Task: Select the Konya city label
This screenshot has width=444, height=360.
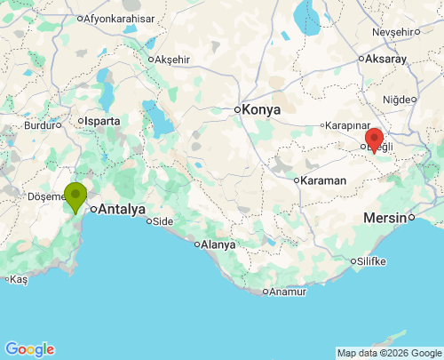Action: pyautogui.click(x=261, y=109)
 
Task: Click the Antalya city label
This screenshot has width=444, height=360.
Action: pyautogui.click(x=122, y=210)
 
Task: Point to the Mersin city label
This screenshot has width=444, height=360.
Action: pyautogui.click(x=389, y=217)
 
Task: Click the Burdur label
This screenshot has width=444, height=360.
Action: pyautogui.click(x=39, y=125)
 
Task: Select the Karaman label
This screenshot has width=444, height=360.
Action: pyautogui.click(x=323, y=180)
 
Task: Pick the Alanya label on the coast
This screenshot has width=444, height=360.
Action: pyautogui.click(x=218, y=244)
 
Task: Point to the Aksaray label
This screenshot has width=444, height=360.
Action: pyautogui.click(x=385, y=59)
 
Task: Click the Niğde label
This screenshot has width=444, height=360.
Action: pyautogui.click(x=399, y=99)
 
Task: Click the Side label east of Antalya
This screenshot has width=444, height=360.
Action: pyautogui.click(x=163, y=221)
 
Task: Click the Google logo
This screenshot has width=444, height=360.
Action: pyautogui.click(x=29, y=349)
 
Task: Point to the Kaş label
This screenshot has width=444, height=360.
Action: pyautogui.click(x=19, y=278)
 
